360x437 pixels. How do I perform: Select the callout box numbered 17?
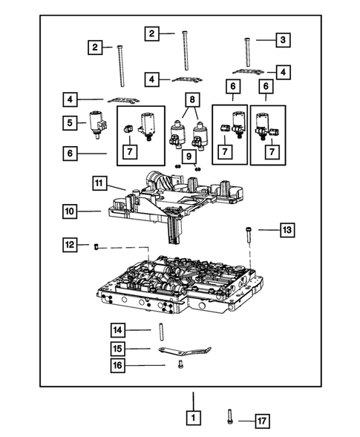[x=261, y=420]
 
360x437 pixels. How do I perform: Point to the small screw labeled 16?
[x=180, y=364]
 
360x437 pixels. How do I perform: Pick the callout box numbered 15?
[x=117, y=347]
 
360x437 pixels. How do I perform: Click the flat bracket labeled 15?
[x=184, y=349]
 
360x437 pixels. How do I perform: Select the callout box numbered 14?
[x=117, y=329]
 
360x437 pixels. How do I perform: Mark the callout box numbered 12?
[x=68, y=244]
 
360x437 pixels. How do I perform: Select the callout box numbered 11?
[x=100, y=182]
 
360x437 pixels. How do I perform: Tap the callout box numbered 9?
[x=189, y=157]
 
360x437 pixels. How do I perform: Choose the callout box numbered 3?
[x=283, y=39]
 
